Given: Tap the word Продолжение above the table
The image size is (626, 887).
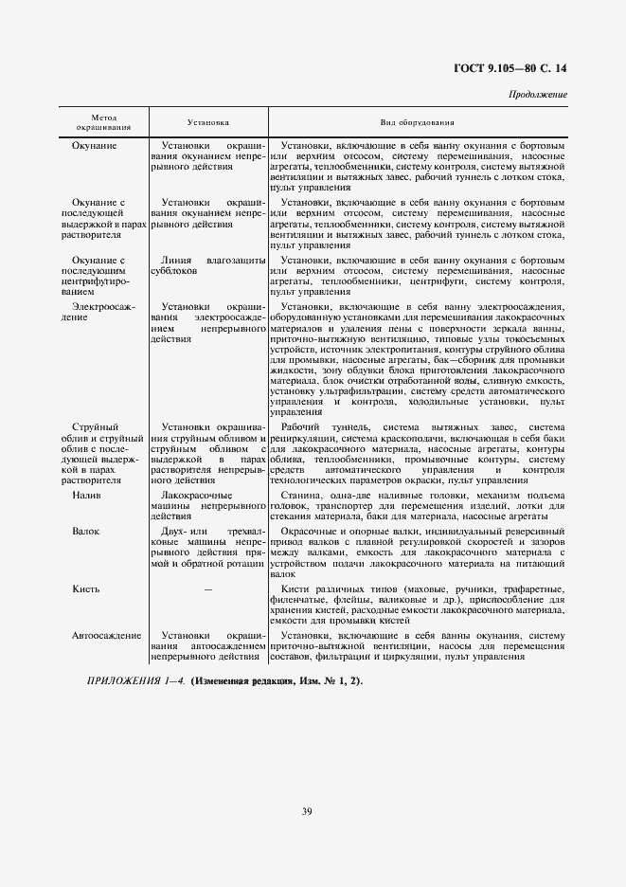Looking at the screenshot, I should click(x=538, y=95).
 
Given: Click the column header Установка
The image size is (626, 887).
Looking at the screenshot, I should click(x=207, y=123).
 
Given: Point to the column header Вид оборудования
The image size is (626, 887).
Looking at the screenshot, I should click(x=418, y=123).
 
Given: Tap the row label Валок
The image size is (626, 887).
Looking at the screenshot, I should click(x=85, y=532).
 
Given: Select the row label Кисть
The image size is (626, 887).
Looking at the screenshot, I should click(x=85, y=588).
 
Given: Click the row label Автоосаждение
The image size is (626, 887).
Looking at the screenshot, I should click(x=106, y=635).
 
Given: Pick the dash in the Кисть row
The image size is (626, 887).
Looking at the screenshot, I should click(x=207, y=589).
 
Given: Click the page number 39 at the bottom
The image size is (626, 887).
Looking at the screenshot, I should click(x=307, y=810).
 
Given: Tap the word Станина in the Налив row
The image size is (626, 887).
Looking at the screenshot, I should click(x=302, y=496).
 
